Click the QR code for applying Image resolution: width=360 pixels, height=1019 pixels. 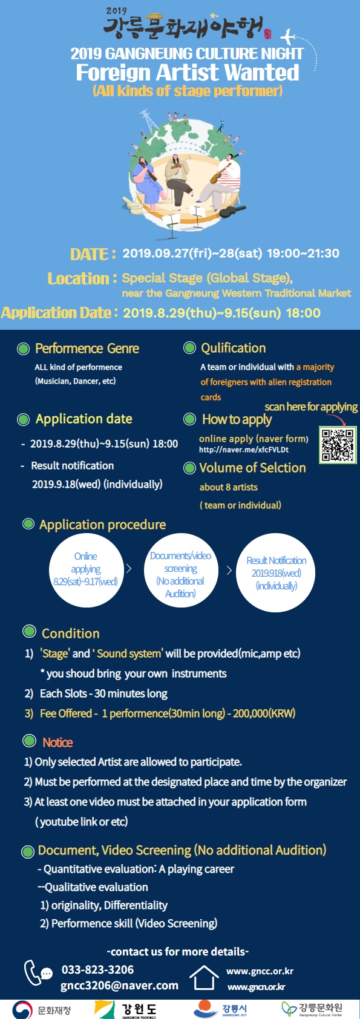point(337,445)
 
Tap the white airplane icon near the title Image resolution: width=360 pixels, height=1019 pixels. point(287,36)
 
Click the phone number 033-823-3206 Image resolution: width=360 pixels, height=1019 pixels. point(98,969)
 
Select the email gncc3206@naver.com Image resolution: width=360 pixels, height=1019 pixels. point(120,985)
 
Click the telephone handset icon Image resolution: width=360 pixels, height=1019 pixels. point(33,972)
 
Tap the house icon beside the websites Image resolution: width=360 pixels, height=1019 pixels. point(204,977)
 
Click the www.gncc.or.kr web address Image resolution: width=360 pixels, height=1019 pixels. point(260,971)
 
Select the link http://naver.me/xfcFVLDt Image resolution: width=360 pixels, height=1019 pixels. point(244,450)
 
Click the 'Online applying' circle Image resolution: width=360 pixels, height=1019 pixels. point(86,570)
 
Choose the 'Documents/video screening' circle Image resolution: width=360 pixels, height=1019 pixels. point(181,570)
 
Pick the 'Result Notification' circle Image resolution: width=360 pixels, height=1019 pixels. point(276,572)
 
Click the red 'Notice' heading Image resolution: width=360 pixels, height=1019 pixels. point(58,742)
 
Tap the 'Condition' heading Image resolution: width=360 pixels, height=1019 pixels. point(71,633)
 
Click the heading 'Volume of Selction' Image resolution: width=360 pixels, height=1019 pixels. point(252,468)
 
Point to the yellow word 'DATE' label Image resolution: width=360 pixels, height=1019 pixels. point(89,254)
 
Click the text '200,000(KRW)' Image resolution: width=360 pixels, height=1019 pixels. point(264,713)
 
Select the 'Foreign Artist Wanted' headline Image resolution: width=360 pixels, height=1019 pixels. point(188,73)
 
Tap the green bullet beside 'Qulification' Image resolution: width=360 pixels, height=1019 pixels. point(189,348)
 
